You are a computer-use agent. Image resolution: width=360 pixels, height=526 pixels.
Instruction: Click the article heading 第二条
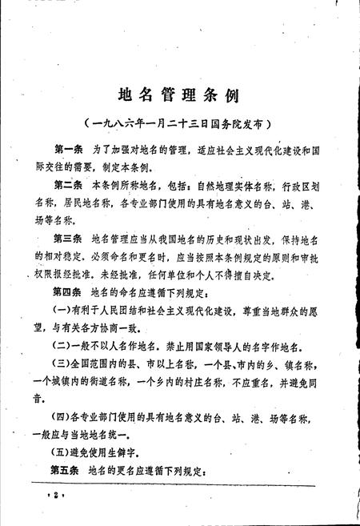[69, 184]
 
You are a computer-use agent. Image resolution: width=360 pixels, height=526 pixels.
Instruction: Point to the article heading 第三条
[69, 238]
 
